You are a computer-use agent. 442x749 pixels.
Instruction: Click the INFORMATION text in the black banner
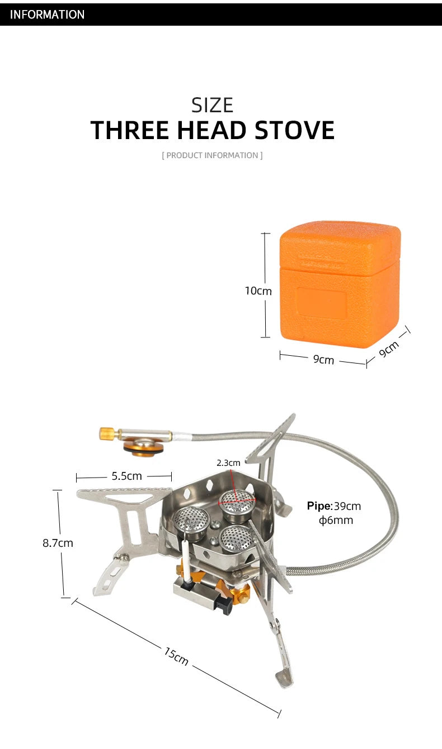point(47,15)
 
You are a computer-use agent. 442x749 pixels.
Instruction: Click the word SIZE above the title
point(212,105)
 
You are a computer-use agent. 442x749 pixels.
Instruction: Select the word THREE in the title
point(130,130)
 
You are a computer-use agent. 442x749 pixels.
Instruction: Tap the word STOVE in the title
point(294,130)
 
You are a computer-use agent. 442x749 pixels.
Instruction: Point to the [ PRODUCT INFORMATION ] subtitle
point(212,155)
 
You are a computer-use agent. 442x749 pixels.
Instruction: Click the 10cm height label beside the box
point(258,291)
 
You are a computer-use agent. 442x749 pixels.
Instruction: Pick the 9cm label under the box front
point(323,360)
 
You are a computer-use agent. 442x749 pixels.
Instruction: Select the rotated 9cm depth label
point(389,350)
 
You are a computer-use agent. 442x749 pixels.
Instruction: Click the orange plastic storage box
point(340,285)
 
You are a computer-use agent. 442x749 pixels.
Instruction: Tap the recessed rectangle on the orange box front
point(322,303)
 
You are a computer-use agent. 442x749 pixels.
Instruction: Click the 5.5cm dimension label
point(126,476)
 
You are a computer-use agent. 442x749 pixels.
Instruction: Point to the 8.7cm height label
point(58,542)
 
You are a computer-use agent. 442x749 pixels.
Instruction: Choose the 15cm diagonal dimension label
point(176,656)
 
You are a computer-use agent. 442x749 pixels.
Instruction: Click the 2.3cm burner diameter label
point(228,462)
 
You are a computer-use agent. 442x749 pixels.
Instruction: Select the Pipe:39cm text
point(334,506)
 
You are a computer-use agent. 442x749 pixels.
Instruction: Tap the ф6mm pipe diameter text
point(336,521)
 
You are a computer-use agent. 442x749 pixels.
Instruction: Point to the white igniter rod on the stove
point(185,559)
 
